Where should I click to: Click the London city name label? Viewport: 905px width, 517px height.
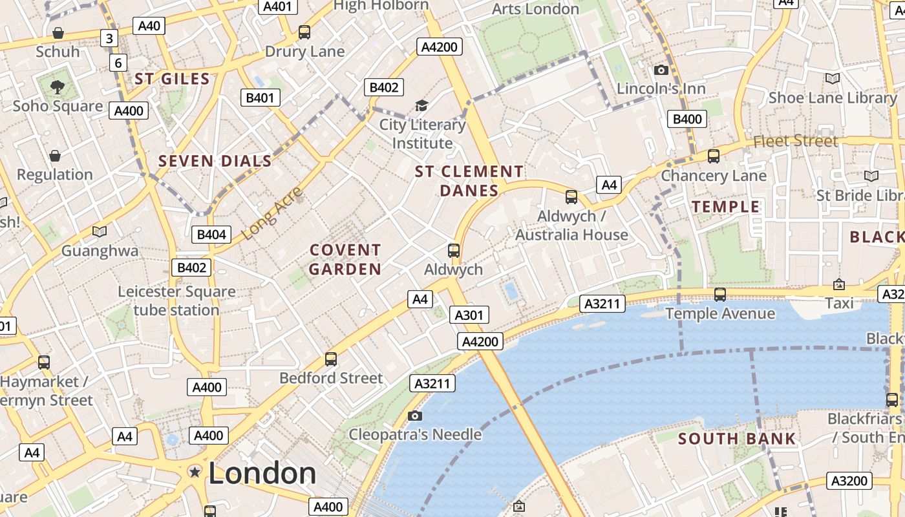click(262, 473)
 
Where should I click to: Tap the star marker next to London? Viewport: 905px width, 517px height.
click(195, 472)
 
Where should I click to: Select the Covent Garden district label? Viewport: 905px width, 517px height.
click(345, 259)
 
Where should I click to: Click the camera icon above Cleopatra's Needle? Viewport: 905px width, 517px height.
click(415, 416)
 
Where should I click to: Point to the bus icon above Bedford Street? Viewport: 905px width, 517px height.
click(331, 359)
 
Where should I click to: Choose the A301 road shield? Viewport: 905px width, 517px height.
click(469, 315)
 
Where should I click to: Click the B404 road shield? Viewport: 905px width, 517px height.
click(211, 235)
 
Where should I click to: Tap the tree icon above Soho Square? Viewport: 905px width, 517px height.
click(58, 87)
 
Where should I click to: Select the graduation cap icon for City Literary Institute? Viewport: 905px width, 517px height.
click(421, 105)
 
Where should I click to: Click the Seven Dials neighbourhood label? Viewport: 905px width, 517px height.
click(215, 161)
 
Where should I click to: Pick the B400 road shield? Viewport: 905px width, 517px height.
click(687, 119)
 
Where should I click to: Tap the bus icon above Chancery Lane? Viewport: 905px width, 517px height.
click(714, 156)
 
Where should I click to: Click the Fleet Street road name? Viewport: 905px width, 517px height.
click(795, 141)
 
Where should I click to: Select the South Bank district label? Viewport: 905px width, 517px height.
click(737, 439)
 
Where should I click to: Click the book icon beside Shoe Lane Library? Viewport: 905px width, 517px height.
click(833, 78)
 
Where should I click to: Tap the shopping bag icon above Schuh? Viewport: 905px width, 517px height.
click(58, 32)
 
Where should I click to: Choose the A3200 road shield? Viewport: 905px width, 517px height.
click(849, 481)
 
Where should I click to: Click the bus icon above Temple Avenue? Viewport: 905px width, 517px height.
click(720, 295)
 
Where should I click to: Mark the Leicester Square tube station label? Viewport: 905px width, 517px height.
click(176, 301)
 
